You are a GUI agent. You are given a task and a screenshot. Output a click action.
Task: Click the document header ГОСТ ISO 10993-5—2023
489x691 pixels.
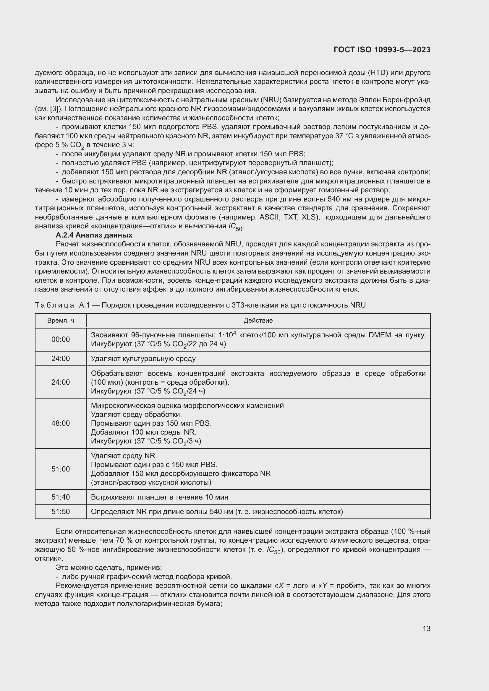coord(382,50)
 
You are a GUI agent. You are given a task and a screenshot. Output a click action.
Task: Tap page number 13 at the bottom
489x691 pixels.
coord(426,628)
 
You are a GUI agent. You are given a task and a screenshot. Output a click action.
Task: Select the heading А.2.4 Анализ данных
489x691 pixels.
coord(94,235)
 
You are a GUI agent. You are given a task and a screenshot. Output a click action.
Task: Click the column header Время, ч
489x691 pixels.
coord(61,321)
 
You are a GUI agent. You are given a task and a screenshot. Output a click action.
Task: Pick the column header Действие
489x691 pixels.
coord(258,321)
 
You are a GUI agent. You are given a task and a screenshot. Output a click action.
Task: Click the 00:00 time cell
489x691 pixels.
coord(61,339)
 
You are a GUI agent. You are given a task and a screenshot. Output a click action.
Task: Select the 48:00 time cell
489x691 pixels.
coord(61,423)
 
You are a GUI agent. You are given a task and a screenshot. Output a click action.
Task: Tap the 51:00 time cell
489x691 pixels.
coord(61,469)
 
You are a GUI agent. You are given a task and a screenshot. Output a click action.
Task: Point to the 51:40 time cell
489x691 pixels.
coord(61,497)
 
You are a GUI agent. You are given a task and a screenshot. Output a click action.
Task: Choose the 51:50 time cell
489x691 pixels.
coord(61,512)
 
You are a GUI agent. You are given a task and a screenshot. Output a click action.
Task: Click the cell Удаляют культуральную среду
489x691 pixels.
coord(143,359)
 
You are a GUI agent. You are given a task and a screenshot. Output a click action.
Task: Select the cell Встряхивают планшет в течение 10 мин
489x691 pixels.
coord(160,497)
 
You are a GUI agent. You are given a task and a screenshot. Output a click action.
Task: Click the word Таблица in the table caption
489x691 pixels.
coord(54,305)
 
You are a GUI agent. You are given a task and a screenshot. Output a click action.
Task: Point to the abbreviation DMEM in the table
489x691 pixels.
coord(379,335)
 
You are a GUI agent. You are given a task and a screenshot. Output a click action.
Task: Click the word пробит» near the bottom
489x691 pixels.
coord(350,586)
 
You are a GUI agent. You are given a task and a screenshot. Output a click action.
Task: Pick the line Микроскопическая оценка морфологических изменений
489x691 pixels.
coord(187,406)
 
